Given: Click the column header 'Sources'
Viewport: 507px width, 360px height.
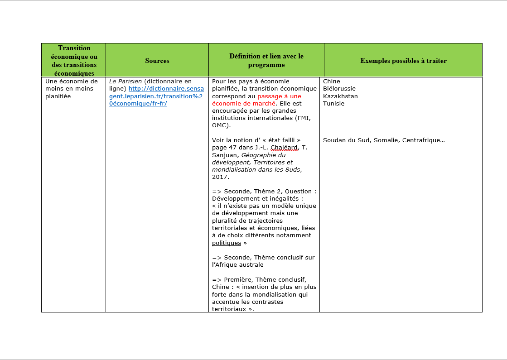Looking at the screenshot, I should [x=157, y=61].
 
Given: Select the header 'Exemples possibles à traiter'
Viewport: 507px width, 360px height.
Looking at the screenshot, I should [x=403, y=61].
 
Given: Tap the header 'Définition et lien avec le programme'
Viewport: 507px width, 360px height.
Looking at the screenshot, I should [x=266, y=61].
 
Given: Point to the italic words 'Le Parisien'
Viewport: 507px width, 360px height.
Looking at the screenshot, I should [x=122, y=82].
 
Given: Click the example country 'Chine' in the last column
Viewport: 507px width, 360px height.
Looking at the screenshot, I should [x=331, y=82].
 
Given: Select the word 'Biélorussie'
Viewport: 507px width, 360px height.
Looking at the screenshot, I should [x=339, y=89].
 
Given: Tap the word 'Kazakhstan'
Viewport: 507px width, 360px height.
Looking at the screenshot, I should [x=340, y=96].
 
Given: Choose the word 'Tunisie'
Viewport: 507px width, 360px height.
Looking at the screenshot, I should [x=333, y=104].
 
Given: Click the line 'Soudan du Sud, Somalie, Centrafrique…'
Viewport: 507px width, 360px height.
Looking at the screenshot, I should [x=384, y=140].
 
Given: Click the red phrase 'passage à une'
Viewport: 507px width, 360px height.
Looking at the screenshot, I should [x=279, y=96].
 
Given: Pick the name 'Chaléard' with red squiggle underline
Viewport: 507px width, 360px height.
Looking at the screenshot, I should [x=284, y=148].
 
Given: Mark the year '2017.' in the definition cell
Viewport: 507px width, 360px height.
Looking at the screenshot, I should [x=221, y=177].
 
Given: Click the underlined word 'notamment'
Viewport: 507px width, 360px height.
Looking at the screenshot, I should [x=294, y=235].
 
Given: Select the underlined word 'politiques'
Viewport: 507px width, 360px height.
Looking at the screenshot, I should [x=227, y=243].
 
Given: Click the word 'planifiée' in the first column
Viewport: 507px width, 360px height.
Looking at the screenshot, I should [x=58, y=96].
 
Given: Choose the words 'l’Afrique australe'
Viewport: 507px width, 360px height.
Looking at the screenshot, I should [x=237, y=265].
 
